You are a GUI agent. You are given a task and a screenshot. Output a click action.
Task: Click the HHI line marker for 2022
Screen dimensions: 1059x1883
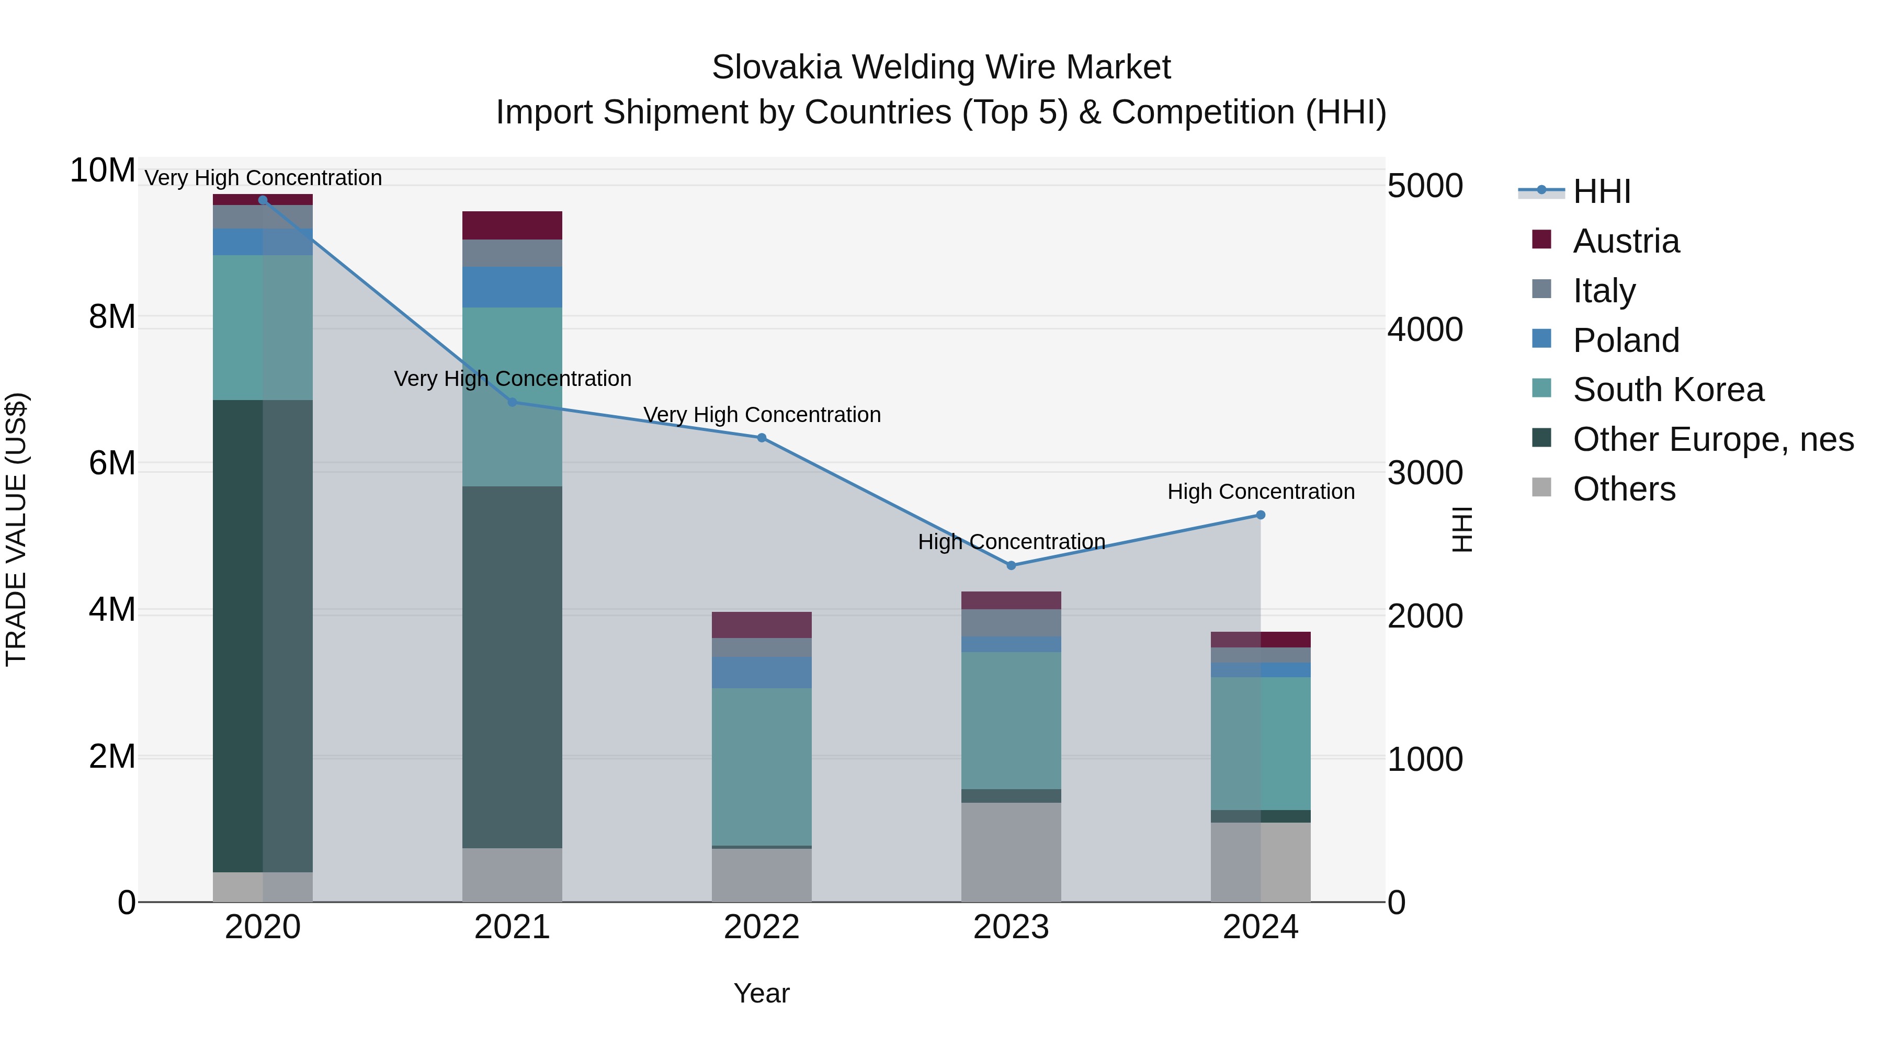click(762, 438)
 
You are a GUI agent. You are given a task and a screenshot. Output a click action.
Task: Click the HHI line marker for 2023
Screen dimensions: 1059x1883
click(1011, 565)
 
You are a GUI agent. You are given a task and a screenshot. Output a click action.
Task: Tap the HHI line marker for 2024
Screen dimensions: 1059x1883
click(1260, 515)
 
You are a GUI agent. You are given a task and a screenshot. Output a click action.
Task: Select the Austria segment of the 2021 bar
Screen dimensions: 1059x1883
click(512, 225)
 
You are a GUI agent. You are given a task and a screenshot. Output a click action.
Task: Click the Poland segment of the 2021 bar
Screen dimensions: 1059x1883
click(512, 287)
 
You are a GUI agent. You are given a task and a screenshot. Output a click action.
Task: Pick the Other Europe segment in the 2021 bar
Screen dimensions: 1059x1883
click(512, 667)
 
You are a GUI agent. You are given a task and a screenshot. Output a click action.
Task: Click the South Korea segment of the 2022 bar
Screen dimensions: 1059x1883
click(762, 766)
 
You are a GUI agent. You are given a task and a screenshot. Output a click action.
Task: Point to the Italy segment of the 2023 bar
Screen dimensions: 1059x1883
click(1011, 623)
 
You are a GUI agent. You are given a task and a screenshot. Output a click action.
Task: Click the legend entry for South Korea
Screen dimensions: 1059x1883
click(1668, 390)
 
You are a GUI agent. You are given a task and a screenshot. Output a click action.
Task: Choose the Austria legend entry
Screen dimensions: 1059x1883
click(1626, 241)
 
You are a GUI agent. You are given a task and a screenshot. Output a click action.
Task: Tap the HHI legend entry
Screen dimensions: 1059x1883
click(1601, 191)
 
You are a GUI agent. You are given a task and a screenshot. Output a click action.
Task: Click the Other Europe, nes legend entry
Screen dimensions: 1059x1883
click(1712, 439)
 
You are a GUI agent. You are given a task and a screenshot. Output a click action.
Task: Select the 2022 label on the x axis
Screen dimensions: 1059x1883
click(762, 927)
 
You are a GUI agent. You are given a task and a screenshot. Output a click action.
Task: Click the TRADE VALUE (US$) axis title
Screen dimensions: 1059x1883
click(16, 529)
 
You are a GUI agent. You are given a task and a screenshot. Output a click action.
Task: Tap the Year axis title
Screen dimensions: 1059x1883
click(762, 993)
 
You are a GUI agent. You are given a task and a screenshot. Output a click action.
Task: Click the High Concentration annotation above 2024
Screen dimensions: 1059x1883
click(1260, 492)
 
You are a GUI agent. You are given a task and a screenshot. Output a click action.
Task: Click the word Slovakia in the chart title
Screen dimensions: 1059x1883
click(776, 67)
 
